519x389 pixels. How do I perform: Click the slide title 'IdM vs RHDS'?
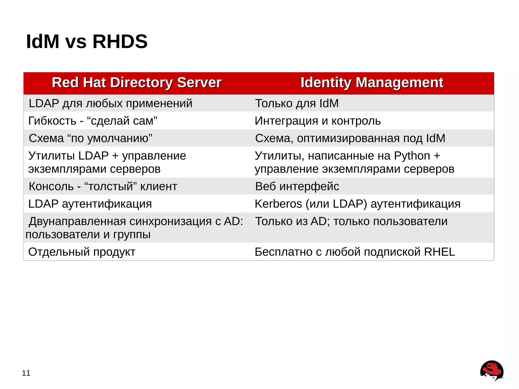[87, 42]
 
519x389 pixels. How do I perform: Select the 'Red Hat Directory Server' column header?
[137, 83]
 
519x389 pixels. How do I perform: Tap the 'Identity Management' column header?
[372, 83]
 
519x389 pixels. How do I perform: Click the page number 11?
[26, 373]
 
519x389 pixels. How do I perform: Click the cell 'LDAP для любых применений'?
[110, 103]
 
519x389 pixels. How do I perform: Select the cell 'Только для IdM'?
[297, 103]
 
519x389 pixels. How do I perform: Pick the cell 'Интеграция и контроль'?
[318, 121]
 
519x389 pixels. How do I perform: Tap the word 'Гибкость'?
[52, 121]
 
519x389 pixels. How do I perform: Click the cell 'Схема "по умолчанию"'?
[90, 138]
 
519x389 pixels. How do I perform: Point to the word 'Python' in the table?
[412, 156]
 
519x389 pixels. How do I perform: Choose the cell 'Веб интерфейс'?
[297, 187]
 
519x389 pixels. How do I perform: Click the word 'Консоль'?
[51, 187]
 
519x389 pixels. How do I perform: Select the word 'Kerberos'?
[278, 204]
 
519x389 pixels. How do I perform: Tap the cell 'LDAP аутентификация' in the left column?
[90, 204]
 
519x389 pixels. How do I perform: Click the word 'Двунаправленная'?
[77, 221]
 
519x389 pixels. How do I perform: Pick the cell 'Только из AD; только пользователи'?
[351, 221]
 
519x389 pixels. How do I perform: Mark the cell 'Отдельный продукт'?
[82, 252]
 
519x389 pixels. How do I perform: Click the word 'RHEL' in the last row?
[439, 252]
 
